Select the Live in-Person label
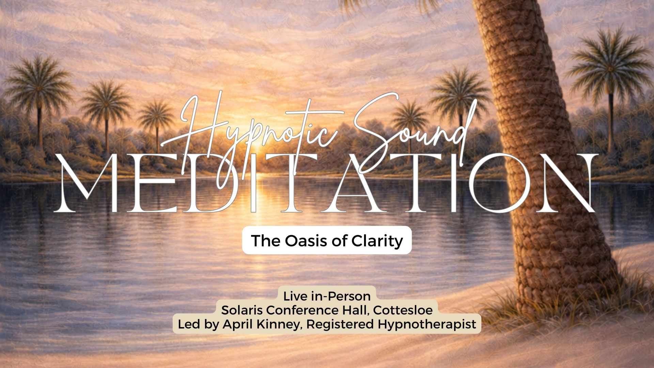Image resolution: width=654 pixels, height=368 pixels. pos(327,296)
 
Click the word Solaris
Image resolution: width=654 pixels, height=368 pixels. pos(242,310)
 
